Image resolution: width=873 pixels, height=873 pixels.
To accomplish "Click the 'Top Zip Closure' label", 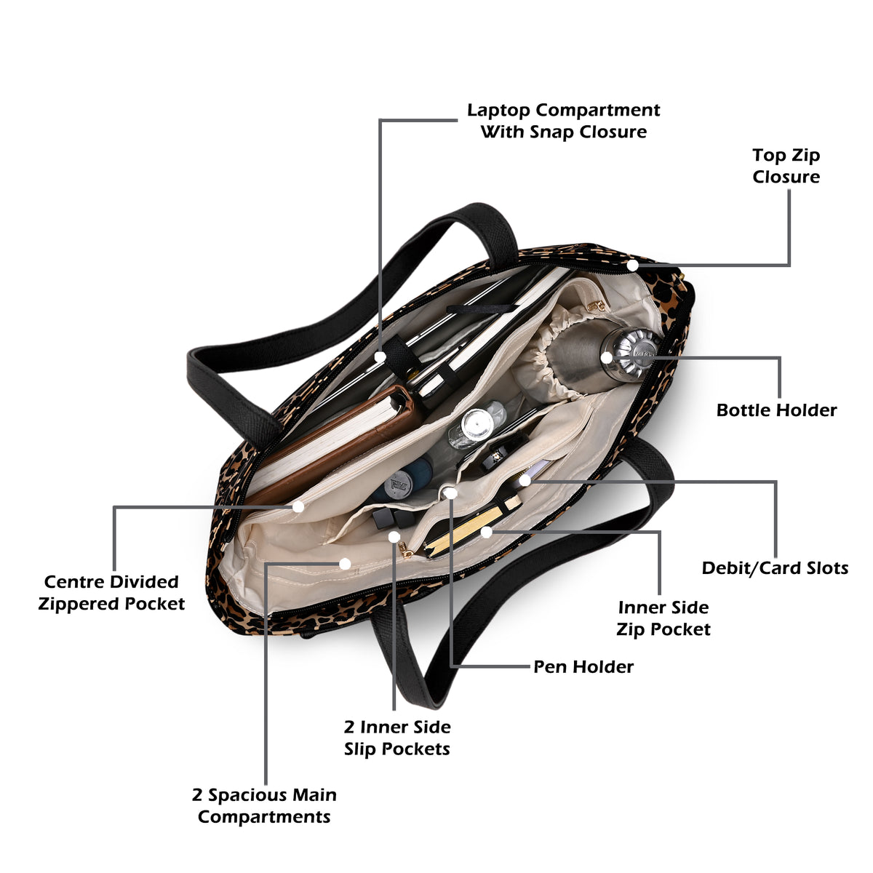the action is (786, 166).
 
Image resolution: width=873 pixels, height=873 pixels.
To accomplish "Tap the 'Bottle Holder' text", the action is (776, 410).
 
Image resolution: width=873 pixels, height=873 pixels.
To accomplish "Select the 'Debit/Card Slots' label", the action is (775, 568).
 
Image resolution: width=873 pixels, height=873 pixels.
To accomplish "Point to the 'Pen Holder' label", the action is (583, 666).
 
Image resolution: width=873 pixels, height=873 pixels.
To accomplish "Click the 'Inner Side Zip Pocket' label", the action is (663, 618).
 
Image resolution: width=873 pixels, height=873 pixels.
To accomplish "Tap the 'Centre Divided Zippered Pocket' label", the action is (111, 593).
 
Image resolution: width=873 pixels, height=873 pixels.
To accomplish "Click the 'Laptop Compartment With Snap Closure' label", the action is (564, 121).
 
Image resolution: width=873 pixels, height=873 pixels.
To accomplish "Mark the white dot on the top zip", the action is (633, 265).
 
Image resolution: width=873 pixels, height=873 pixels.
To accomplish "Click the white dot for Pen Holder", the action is (450, 493).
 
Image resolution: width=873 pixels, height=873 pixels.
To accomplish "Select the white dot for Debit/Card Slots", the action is (525, 480).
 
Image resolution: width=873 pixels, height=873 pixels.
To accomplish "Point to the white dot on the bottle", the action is (607, 357).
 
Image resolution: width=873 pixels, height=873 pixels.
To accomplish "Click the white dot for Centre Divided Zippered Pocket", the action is (298, 506).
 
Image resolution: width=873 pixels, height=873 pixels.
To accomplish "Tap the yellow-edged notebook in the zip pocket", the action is (471, 527).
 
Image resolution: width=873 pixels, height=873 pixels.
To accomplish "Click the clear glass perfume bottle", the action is (476, 426).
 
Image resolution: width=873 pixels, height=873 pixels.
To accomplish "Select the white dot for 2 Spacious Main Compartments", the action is (346, 564).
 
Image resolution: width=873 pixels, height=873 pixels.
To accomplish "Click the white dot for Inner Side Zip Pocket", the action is (486, 533).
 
